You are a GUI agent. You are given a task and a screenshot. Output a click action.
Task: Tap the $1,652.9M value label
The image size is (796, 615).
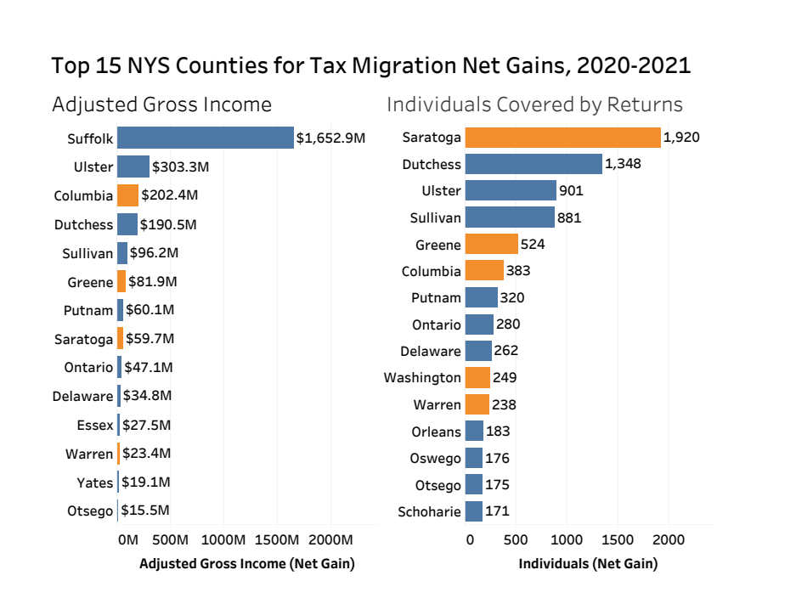[x=330, y=138]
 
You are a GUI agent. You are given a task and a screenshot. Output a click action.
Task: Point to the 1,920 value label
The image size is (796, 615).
[x=681, y=138]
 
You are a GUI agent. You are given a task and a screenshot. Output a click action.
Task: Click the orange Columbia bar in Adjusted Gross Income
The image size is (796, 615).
[x=127, y=195]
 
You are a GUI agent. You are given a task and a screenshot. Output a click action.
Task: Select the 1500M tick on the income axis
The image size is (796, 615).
[x=277, y=539]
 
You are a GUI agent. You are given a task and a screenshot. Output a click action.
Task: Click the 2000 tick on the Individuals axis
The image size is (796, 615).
[x=668, y=539]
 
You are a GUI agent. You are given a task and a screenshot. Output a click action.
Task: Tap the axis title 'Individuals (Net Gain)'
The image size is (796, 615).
[x=588, y=563]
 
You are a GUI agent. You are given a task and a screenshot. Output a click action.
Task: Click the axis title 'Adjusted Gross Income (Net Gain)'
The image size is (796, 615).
[x=246, y=563]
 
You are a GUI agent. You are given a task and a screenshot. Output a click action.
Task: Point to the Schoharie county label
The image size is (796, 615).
[x=429, y=511]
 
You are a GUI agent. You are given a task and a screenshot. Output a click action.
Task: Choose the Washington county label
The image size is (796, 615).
[x=422, y=377]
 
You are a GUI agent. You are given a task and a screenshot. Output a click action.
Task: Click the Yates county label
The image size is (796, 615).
[x=94, y=482]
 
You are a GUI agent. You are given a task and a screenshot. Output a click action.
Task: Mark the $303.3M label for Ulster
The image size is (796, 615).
[x=180, y=166]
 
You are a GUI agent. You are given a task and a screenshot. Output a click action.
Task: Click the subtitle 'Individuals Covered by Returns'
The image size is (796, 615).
[x=534, y=104]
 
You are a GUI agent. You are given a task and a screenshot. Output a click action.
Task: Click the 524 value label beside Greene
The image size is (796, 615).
[x=533, y=245]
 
